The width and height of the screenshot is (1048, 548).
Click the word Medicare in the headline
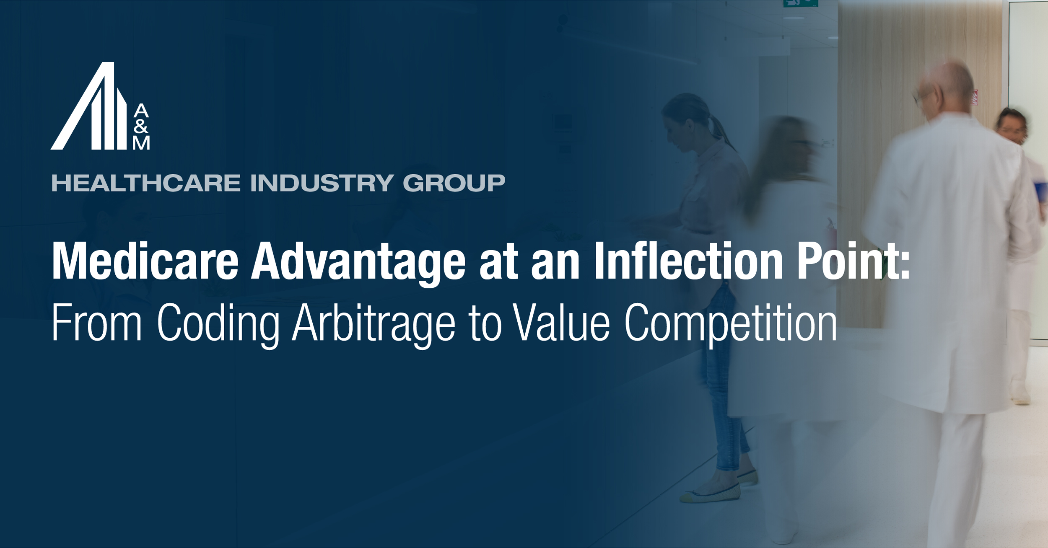pyautogui.click(x=145, y=262)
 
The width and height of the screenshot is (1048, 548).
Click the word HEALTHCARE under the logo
pyautogui.click(x=146, y=184)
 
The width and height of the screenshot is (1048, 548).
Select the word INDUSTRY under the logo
pyautogui.click(x=322, y=184)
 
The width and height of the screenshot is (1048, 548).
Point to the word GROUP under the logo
pyautogui.click(x=454, y=184)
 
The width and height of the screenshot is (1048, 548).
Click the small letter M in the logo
pyautogui.click(x=141, y=143)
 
